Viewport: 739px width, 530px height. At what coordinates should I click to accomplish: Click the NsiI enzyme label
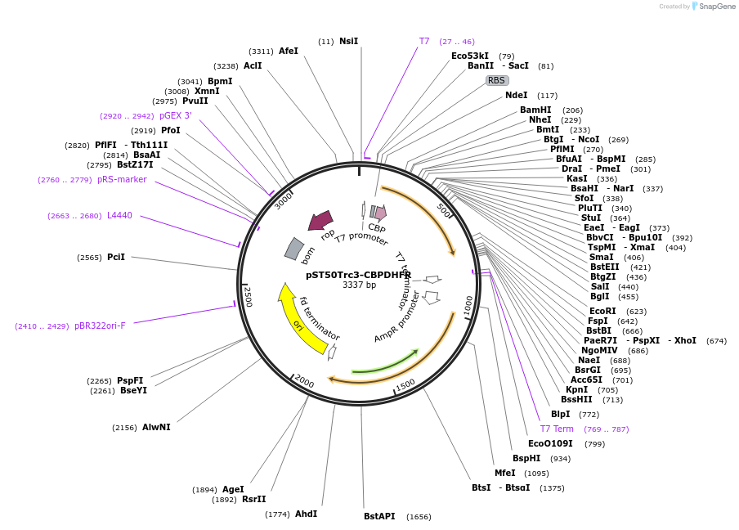coord(348,41)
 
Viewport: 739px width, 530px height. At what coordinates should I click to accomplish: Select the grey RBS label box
coord(497,80)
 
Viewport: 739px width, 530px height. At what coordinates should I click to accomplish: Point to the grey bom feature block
coord(294,249)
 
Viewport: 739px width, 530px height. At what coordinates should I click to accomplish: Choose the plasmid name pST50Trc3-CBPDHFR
coord(359,275)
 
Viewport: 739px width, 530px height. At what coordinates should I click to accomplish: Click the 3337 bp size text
coord(359,285)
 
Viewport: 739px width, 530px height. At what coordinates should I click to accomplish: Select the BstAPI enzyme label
coord(379,516)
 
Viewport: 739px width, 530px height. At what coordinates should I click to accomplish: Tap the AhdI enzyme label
coord(306,514)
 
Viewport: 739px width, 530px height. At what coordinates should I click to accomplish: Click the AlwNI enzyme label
coord(156,427)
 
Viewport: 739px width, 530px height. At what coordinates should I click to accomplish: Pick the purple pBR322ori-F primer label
coord(100,326)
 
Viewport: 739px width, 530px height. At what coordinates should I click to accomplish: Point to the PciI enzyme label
coord(116,257)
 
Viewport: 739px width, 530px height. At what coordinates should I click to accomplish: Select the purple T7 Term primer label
coord(557,429)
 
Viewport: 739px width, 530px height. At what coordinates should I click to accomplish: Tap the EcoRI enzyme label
coord(602,311)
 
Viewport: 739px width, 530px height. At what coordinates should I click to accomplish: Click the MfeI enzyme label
coord(504,473)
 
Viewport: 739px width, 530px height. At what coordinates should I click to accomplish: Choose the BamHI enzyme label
coord(535,110)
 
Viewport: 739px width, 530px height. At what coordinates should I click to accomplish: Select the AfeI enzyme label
coord(289,51)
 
